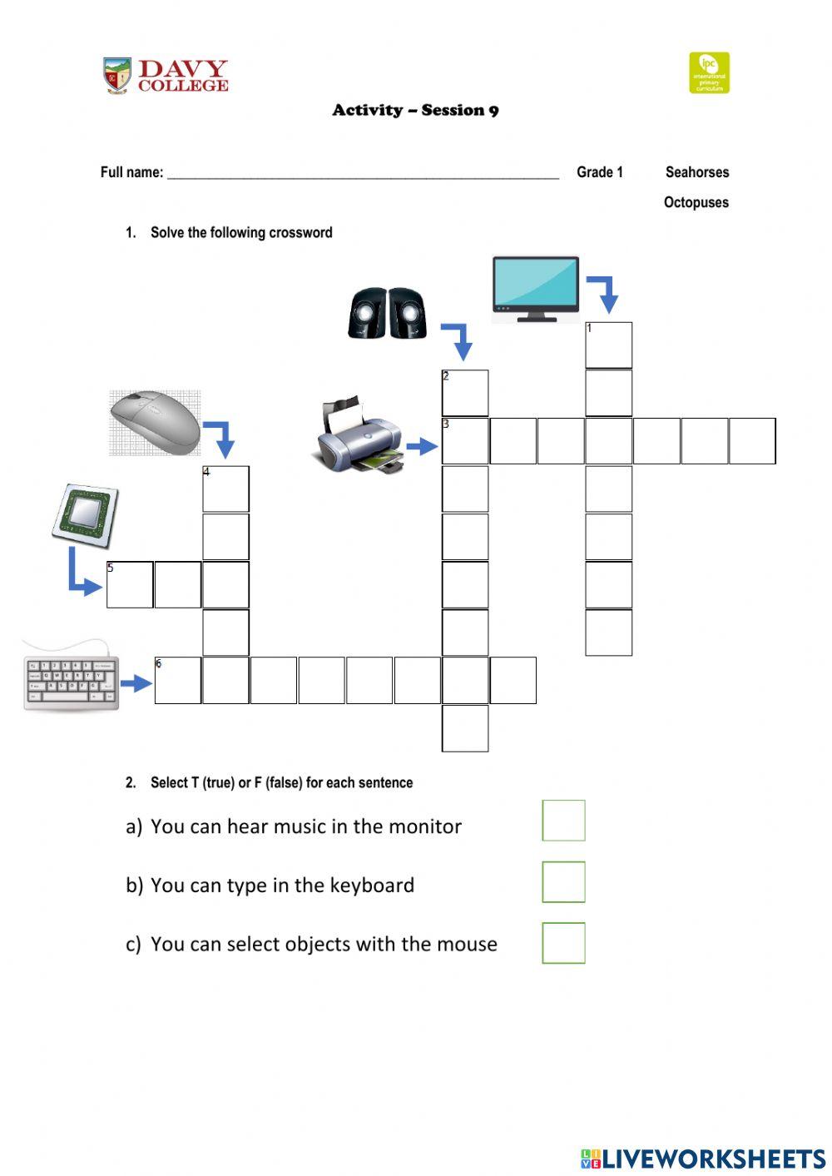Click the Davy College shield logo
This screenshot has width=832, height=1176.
(x=117, y=76)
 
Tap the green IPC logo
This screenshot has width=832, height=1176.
(x=709, y=72)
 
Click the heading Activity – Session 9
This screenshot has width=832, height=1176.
(x=416, y=110)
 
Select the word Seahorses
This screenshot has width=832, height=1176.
(x=697, y=171)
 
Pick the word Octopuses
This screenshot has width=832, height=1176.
(x=696, y=202)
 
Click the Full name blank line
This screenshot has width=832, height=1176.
(x=364, y=178)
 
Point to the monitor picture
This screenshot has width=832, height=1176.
(x=536, y=289)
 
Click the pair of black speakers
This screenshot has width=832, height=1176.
(x=388, y=313)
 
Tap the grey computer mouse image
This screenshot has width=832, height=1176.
(x=156, y=423)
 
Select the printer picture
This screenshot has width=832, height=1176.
(x=359, y=435)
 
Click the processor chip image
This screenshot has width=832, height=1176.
(x=86, y=515)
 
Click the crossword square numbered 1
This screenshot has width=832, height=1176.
(x=608, y=345)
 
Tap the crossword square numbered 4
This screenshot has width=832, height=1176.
(x=225, y=489)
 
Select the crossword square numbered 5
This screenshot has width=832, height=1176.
(x=130, y=585)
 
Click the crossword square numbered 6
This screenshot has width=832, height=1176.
(x=178, y=681)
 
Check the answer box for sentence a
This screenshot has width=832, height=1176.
(x=564, y=821)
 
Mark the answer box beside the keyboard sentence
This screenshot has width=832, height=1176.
(x=564, y=882)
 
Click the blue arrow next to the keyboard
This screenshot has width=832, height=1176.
(x=136, y=683)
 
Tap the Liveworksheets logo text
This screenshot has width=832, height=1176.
(x=703, y=1159)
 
